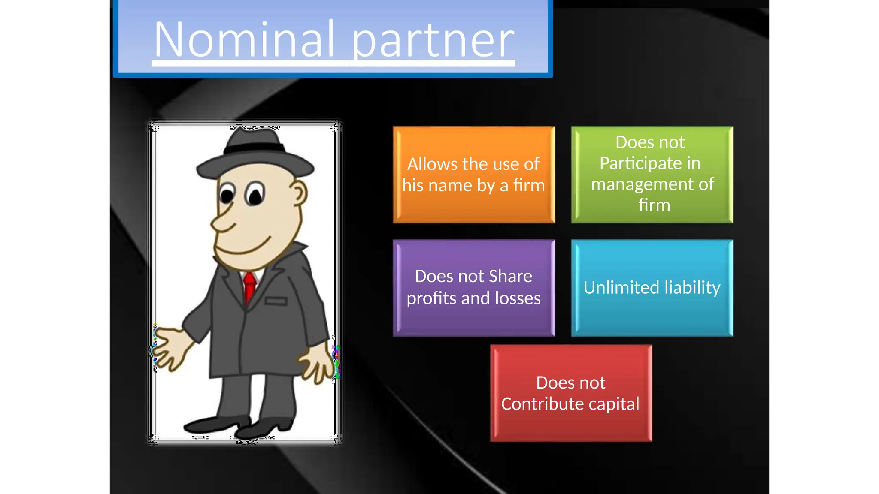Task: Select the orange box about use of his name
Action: (473, 175)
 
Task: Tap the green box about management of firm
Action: (652, 175)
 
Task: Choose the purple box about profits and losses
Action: (473, 287)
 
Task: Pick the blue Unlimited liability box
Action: (652, 287)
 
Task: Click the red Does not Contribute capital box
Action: (571, 393)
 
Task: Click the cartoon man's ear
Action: (298, 193)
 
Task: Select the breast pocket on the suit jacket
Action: (276, 301)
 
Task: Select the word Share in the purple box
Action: (510, 276)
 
